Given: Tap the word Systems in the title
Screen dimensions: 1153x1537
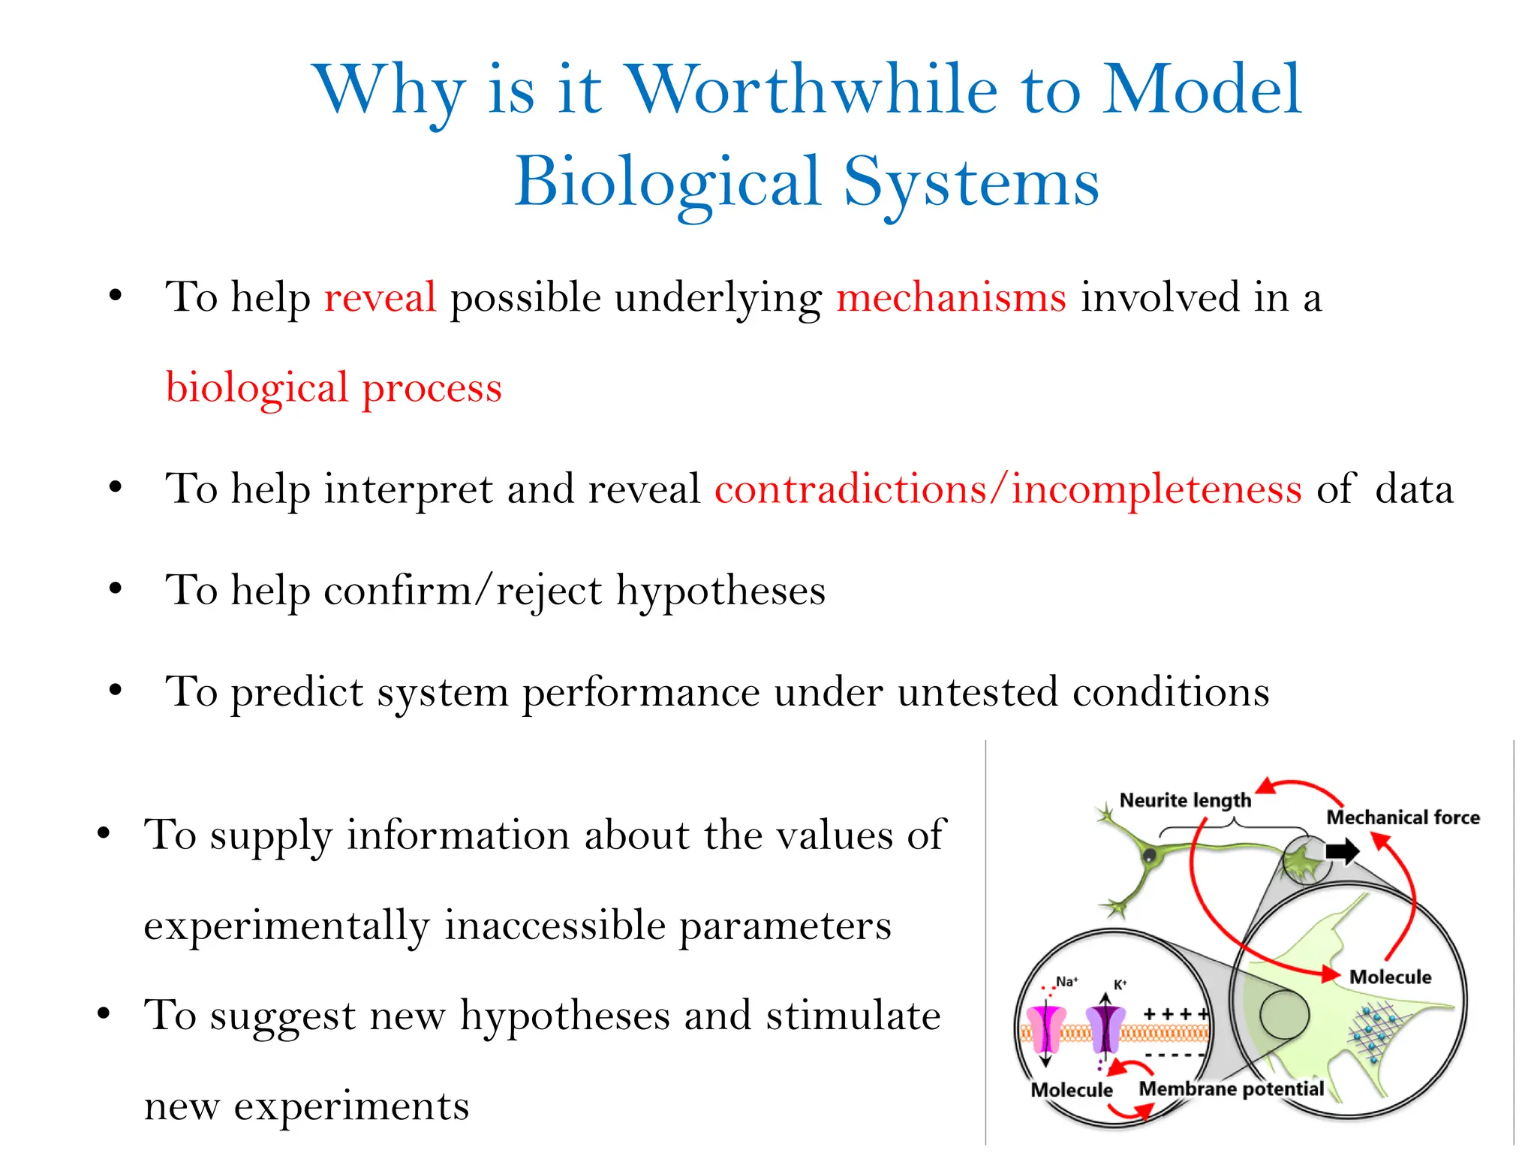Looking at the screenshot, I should [x=971, y=182].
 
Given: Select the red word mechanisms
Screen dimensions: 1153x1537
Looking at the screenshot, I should [x=951, y=297].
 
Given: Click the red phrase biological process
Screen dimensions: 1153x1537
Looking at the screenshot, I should [x=333, y=388].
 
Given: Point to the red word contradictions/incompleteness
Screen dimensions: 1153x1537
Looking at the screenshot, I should [x=1008, y=489].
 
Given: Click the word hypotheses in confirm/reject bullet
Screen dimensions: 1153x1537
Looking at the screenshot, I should [x=720, y=591].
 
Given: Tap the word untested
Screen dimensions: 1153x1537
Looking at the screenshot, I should [x=977, y=691].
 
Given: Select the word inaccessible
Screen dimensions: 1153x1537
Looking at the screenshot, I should [x=554, y=925].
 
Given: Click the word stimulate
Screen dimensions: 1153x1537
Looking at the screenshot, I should [x=853, y=1016].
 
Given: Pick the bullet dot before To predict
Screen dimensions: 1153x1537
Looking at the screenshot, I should [x=115, y=690].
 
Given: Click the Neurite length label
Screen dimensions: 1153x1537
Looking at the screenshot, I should [x=1184, y=800].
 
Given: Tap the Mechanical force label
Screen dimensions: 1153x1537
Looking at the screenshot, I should [x=1403, y=817].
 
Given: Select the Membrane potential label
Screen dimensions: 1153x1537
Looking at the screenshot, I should [x=1231, y=1089].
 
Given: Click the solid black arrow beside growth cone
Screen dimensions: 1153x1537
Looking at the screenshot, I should [x=1342, y=851].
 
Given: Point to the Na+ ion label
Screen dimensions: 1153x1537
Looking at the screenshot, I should [x=1066, y=982].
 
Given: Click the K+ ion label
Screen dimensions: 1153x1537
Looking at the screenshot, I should [x=1120, y=985].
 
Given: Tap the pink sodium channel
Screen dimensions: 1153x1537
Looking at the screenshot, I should [x=1045, y=1030].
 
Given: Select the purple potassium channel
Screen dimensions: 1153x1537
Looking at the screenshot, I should [x=1105, y=1030].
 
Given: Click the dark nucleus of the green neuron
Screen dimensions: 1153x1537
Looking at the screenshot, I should [x=1148, y=855].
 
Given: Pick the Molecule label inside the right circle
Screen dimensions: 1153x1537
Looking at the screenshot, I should [x=1390, y=977].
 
